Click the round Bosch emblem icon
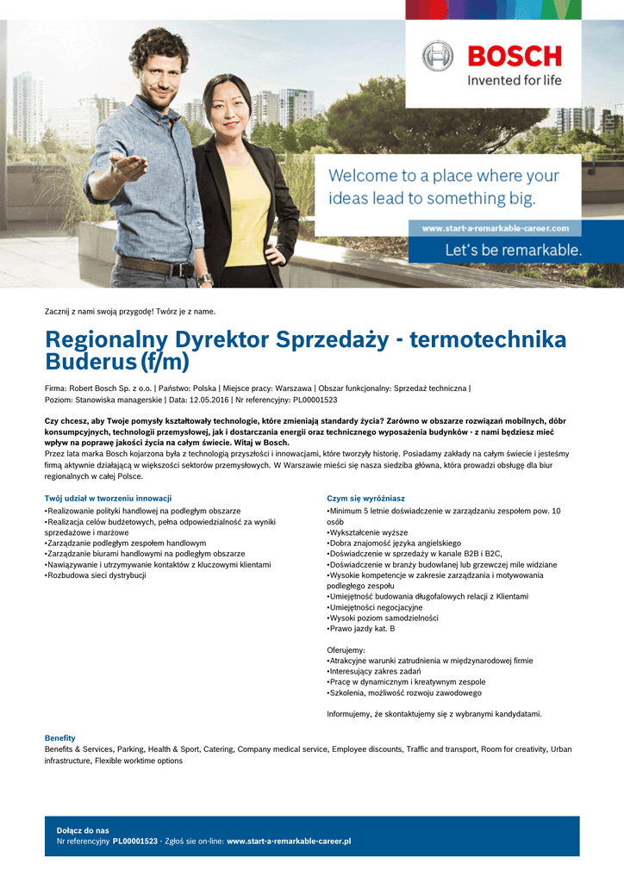pyautogui.click(x=437, y=56)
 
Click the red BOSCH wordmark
pyautogui.click(x=514, y=57)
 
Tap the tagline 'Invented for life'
pyautogui.click(x=514, y=80)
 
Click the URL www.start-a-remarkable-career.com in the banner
pyautogui.click(x=495, y=228)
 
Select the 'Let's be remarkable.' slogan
pyautogui.click(x=513, y=251)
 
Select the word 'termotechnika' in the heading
pyautogui.click(x=488, y=339)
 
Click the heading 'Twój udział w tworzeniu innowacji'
pyautogui.click(x=108, y=499)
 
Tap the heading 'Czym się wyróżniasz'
pyautogui.click(x=365, y=499)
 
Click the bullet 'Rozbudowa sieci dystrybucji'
pyautogui.click(x=97, y=575)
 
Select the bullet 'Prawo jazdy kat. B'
pyautogui.click(x=362, y=629)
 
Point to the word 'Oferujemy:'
pyautogui.click(x=346, y=649)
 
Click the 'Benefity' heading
pyautogui.click(x=60, y=738)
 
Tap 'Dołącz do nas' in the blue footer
pyautogui.click(x=83, y=830)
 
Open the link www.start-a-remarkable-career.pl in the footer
pyautogui.click(x=289, y=841)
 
